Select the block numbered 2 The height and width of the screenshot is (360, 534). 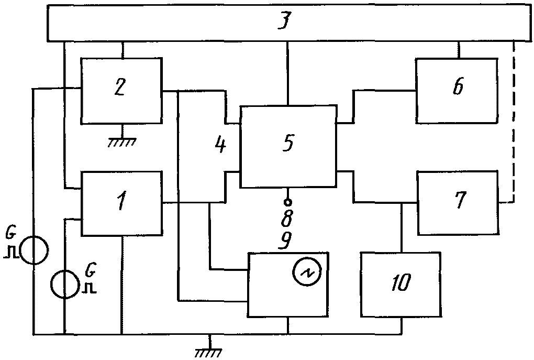click(x=121, y=91)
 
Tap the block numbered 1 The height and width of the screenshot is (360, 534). click(x=121, y=203)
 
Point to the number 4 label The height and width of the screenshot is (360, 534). click(x=220, y=145)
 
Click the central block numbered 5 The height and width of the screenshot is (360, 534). click(x=288, y=146)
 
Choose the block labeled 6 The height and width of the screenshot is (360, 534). click(x=457, y=91)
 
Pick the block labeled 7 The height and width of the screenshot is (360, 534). click(x=458, y=203)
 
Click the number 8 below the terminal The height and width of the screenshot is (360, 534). click(x=287, y=219)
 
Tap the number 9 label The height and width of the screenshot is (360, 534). click(x=285, y=241)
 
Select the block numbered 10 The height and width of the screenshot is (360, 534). click(x=401, y=285)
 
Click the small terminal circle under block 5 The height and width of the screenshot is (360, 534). click(x=288, y=202)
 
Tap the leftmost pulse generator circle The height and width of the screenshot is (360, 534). click(x=34, y=250)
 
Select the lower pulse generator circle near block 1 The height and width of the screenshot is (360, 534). click(x=65, y=284)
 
